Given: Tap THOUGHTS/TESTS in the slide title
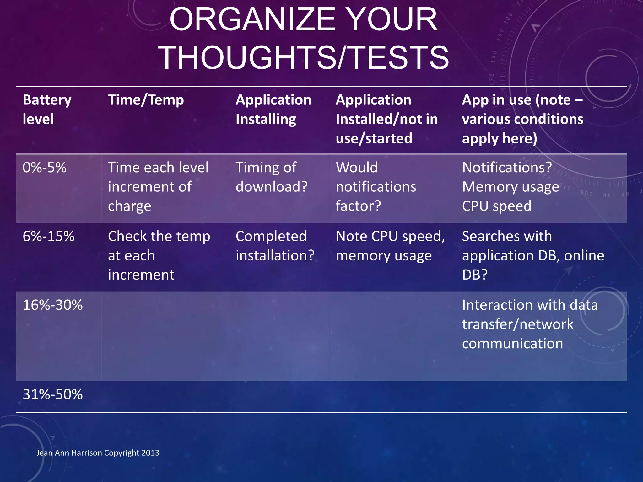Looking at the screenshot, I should coord(303,58).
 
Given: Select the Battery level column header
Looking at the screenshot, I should coord(47,110).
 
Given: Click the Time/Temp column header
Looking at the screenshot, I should coord(146,100).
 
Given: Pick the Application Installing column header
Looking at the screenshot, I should coord(273,110).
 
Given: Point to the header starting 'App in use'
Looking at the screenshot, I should coord(522,119).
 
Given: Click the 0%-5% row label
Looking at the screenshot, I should coord(45,168).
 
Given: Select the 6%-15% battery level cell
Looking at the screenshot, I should coord(49,236).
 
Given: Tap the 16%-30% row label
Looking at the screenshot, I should coord(53,305).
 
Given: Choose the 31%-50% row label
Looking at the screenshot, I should coord(53,394).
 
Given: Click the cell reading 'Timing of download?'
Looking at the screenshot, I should coord(272,177).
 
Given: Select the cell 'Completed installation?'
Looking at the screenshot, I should coord(275,246).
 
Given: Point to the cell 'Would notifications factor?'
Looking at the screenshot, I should coord(376,187).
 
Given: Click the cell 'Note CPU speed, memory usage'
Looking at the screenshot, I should coord(390,246).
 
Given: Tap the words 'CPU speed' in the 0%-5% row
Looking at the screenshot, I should coord(497,206).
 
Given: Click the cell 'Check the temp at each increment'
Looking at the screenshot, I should coord(159,255).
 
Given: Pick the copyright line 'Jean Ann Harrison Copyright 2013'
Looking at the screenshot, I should coord(98,453).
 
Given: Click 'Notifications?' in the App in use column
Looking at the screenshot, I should coord(507,168).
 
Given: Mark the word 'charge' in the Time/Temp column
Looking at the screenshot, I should coord(129,206).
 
